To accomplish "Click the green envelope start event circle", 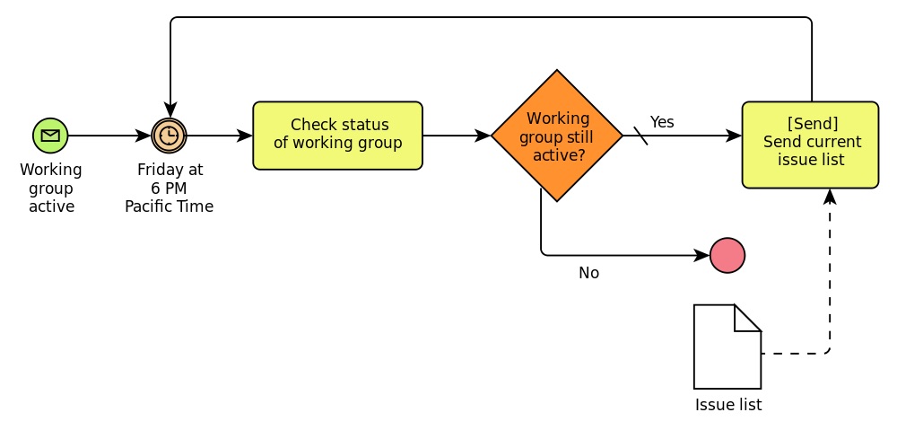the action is click(x=50, y=136).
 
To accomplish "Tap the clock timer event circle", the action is click(x=170, y=136).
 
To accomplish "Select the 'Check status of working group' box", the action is click(x=337, y=136).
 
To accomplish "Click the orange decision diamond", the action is click(x=557, y=136).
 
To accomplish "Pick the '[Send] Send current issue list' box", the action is click(x=810, y=145).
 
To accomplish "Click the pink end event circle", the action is click(x=727, y=255).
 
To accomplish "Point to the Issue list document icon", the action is click(x=727, y=347).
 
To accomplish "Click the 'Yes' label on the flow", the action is click(x=662, y=122).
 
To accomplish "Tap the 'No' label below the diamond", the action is click(x=589, y=273).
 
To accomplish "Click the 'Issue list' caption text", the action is click(x=728, y=405).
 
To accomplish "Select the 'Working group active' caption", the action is click(x=51, y=188).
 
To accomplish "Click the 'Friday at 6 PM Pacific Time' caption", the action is click(x=170, y=188).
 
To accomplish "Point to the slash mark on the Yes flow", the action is click(x=640, y=136).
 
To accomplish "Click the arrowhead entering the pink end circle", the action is click(x=702, y=255).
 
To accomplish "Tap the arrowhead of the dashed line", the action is click(x=829, y=196).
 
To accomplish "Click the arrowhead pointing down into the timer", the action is click(x=170, y=110).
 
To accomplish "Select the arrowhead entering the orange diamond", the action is click(x=483, y=136).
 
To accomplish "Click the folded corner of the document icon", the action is click(x=748, y=318).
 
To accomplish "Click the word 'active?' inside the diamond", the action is click(x=559, y=154).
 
